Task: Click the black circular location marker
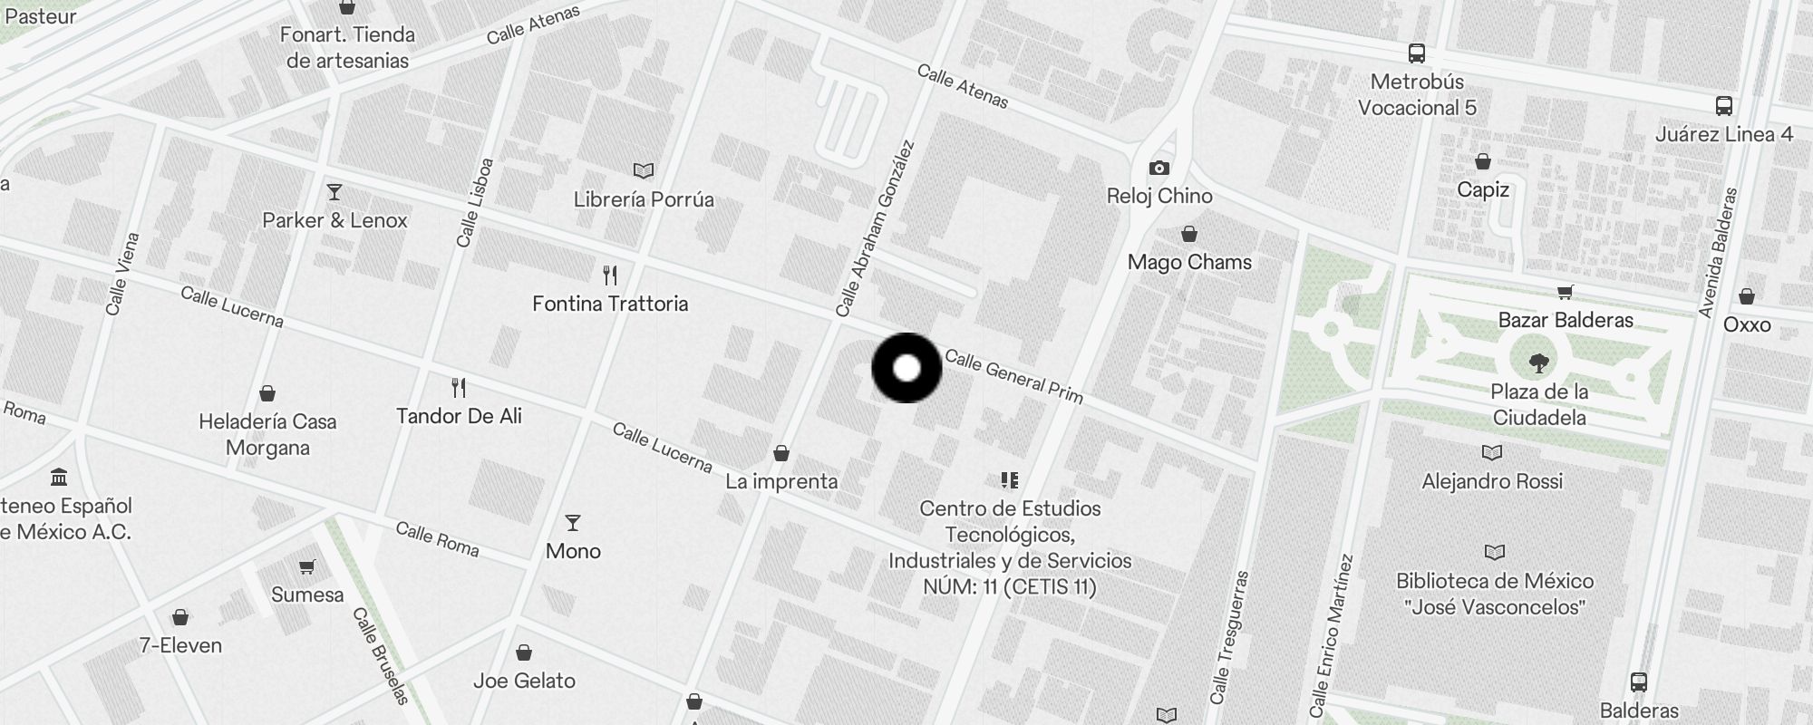coord(906,368)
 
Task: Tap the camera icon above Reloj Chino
coord(1159,168)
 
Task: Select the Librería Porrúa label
coord(644,199)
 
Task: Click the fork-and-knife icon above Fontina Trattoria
coord(610,275)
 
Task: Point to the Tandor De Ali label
coord(459,416)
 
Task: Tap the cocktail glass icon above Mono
coord(572,523)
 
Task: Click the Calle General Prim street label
coord(1013,375)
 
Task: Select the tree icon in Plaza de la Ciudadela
coord(1538,364)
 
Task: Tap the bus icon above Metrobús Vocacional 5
coord(1416,53)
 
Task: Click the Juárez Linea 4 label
coord(1723,134)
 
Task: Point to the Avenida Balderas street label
coord(1719,253)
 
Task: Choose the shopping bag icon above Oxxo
coord(1746,296)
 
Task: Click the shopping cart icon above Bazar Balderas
coord(1565,292)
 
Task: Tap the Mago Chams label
coord(1189,262)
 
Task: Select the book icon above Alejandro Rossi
coord(1491,452)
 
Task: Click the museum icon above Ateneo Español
coord(59,477)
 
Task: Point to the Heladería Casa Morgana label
coord(267,434)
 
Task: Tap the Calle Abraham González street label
coord(875,228)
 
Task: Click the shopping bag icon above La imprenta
coord(780,453)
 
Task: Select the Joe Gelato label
coord(524,681)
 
